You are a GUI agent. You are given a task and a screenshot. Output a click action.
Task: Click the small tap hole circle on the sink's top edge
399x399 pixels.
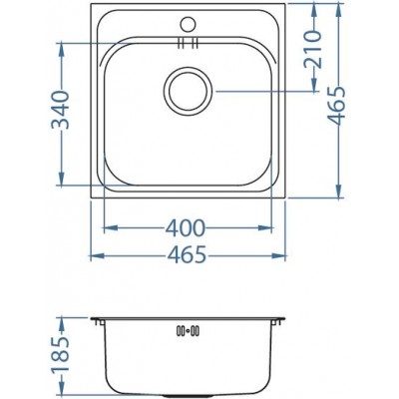click(186, 20)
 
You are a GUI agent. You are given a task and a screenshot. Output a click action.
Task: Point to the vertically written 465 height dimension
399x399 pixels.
click(342, 103)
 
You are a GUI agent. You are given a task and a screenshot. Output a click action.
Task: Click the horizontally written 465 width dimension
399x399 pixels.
click(187, 254)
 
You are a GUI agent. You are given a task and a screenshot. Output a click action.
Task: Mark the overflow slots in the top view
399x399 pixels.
click(187, 43)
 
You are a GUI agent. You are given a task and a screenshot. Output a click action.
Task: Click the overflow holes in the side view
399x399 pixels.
click(187, 331)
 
